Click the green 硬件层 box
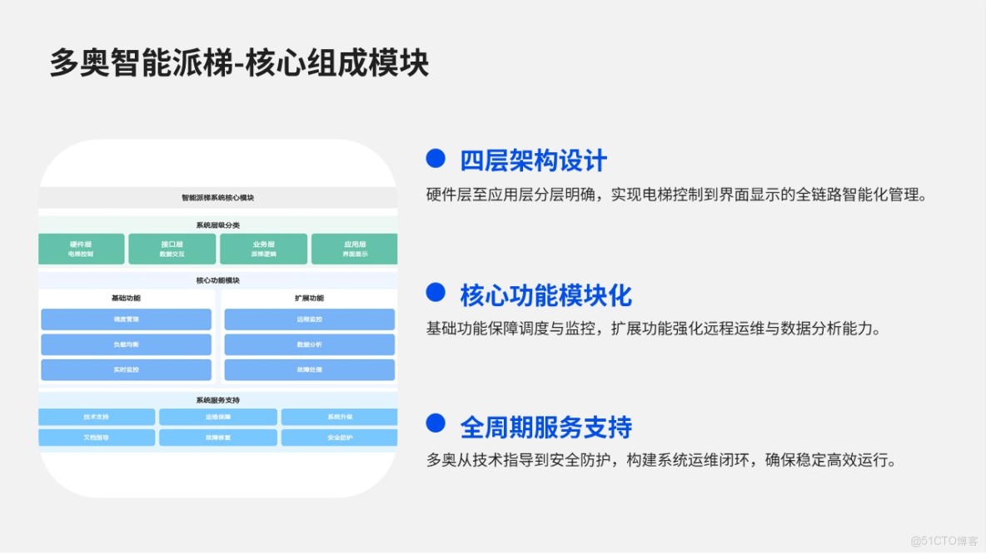[x=82, y=249]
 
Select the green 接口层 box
[x=172, y=249]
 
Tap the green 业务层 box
[x=263, y=249]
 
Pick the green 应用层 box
[x=355, y=249]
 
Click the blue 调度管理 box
[x=126, y=319]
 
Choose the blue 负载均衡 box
[x=126, y=344]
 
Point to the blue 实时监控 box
[x=126, y=369]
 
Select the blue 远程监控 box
[x=309, y=319]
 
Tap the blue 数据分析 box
[x=309, y=344]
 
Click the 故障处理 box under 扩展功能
[x=309, y=369]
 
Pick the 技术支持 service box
[x=97, y=417]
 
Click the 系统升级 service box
[x=339, y=417]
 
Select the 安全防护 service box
[x=339, y=438]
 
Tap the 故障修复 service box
[x=218, y=438]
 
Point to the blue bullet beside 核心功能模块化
[x=436, y=292]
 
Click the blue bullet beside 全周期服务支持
[x=436, y=424]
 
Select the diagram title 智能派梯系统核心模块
[x=217, y=198]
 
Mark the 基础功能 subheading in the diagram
[x=126, y=298]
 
